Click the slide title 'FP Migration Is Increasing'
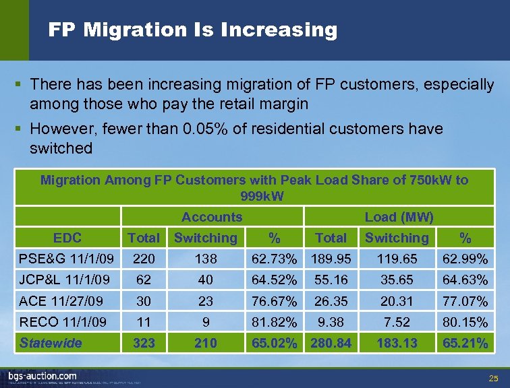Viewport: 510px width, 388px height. tap(192, 30)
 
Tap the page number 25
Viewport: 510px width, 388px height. tap(494, 378)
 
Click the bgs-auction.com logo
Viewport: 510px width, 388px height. tap(42, 375)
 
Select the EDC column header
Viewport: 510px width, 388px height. tap(67, 238)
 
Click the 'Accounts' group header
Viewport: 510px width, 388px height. tap(212, 217)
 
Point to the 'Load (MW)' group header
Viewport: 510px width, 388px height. tap(399, 217)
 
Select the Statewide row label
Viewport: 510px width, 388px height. tap(51, 343)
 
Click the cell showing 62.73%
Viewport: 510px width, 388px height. tap(274, 259)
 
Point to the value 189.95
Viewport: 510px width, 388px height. tap(331, 259)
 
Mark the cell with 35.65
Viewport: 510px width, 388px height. tap(397, 280)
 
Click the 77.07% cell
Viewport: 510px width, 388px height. tap(465, 301)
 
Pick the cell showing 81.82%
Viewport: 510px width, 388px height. tap(274, 322)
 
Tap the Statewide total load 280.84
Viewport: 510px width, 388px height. tap(331, 343)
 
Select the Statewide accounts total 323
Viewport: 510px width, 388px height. tap(144, 343)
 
